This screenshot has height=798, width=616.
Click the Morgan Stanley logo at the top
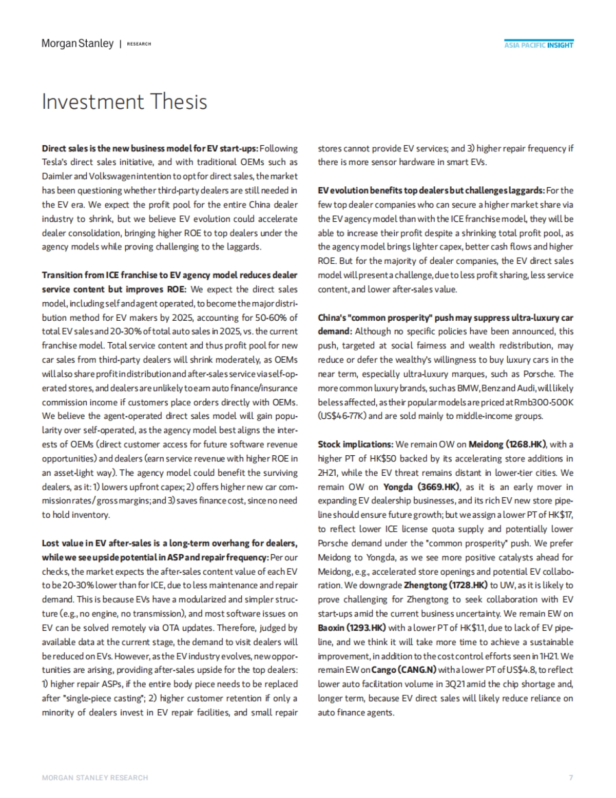point(78,44)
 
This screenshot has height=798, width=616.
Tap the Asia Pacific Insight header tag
point(538,45)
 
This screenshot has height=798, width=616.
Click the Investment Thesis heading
point(124,102)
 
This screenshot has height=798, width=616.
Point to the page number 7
point(571,777)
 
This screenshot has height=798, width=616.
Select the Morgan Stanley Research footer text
point(95,777)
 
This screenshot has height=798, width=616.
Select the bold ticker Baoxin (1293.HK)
point(352,627)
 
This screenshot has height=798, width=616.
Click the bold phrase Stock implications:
point(356,444)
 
